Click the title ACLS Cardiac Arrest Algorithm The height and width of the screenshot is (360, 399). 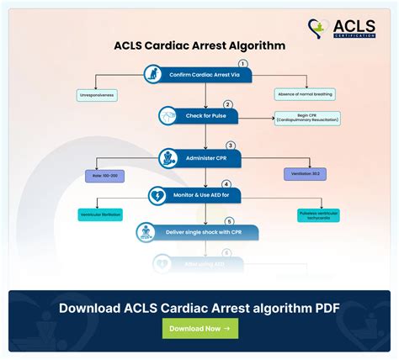coord(199,45)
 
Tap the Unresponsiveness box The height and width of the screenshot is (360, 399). coord(98,96)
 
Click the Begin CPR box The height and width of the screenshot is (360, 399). coord(307,119)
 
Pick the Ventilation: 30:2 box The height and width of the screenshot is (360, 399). coord(306,173)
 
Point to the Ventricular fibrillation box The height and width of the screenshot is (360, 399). coord(100,215)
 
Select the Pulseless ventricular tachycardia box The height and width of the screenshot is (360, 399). coord(318,215)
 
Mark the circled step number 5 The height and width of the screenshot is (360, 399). coord(229,221)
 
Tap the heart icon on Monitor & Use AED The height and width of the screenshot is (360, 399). coord(157,196)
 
